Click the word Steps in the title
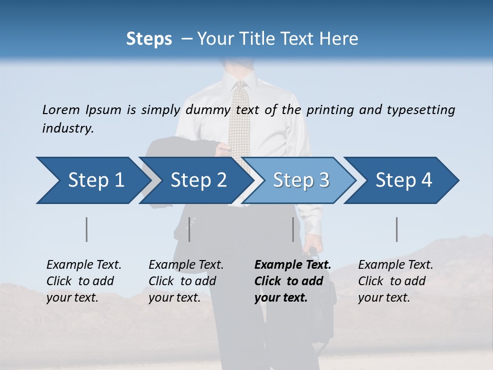pos(149,39)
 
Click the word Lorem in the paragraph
pos(61,110)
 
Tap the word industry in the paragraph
pos(67,128)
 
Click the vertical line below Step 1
pos(86,229)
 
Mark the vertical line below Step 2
pos(189,229)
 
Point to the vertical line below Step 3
pos(293,229)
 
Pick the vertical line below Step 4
pos(397,229)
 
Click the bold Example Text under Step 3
pos(293,265)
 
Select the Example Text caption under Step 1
pos(84,265)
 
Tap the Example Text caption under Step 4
pos(395,265)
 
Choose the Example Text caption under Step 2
pos(186,265)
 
